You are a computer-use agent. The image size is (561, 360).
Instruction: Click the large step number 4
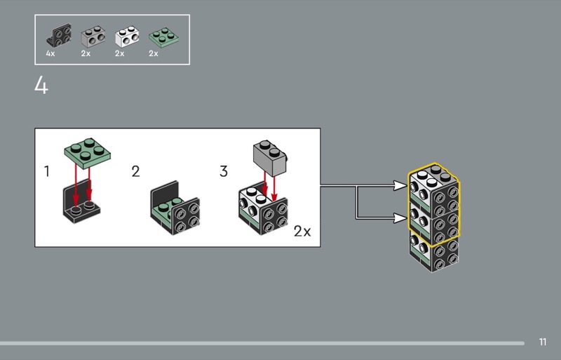(41, 86)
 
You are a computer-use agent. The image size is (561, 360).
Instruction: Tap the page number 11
(543, 342)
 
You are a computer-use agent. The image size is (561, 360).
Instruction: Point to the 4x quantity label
(50, 54)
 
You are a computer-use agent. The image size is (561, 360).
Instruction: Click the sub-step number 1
(47, 171)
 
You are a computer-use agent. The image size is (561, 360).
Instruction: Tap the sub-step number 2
(135, 171)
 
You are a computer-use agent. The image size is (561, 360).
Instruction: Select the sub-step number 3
(224, 171)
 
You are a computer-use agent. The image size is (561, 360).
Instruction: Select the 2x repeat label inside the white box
(302, 232)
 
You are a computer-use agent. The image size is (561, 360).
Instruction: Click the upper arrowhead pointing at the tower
(400, 186)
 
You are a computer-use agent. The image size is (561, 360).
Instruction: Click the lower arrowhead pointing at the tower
(400, 218)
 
